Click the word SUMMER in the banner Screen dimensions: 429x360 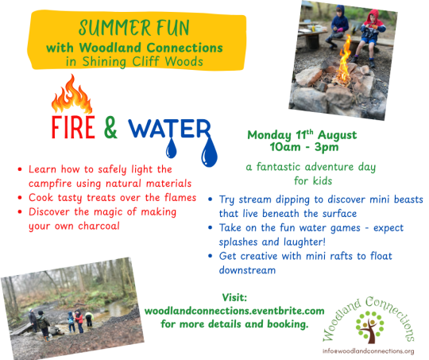click(114, 28)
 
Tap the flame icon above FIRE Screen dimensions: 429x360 click(71, 94)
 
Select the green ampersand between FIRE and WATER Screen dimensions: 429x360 click(110, 127)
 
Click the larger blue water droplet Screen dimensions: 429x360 click(209, 153)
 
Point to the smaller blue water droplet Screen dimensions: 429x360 click(172, 149)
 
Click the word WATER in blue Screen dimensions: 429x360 click(170, 128)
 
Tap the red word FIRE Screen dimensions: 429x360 click(73, 127)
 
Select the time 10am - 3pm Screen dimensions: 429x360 click(304, 147)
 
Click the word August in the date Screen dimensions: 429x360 click(338, 135)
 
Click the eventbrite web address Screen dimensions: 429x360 click(234, 311)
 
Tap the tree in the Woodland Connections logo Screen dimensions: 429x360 click(369, 327)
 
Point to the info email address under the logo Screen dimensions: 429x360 click(368, 351)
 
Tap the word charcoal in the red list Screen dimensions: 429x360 click(99, 226)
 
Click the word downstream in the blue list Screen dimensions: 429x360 click(247, 270)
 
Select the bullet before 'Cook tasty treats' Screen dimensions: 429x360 click(20, 198)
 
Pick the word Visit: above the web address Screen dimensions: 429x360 click(234, 297)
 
